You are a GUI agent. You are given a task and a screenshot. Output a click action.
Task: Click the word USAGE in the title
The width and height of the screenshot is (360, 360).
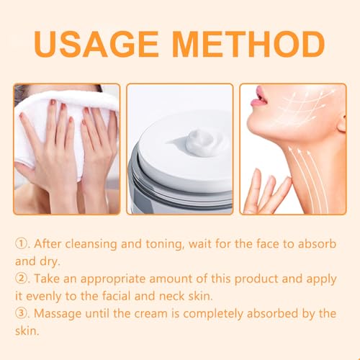point(96,44)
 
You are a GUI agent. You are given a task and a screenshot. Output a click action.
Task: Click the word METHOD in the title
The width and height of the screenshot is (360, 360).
point(248,44)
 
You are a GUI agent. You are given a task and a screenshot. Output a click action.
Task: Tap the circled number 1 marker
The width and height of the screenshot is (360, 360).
point(22,244)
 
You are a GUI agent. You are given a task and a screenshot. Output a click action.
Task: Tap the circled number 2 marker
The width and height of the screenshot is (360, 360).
point(22,279)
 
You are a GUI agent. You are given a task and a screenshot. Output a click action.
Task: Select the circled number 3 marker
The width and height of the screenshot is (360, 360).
point(22,313)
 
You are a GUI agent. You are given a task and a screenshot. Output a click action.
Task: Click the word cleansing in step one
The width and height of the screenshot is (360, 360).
point(91,244)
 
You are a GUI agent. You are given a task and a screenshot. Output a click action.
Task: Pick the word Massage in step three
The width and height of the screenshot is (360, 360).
point(58,314)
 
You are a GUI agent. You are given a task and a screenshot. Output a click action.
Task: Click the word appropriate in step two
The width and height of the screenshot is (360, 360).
point(113,279)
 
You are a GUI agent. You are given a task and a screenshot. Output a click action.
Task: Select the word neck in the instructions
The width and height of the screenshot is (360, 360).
point(171,296)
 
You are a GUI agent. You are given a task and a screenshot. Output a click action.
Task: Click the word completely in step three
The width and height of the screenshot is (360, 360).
point(213,314)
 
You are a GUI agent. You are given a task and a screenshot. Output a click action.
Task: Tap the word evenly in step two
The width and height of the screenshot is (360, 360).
point(44,297)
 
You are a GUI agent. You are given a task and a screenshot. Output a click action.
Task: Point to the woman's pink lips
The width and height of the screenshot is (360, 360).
point(258,97)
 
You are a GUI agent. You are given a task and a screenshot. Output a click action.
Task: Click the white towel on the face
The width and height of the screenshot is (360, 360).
point(65,125)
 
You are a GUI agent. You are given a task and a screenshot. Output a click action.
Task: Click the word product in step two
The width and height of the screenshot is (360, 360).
point(256,279)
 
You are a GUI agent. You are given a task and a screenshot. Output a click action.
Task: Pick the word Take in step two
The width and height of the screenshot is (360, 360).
point(47,279)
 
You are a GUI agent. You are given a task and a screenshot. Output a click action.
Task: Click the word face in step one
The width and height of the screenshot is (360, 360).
point(267,244)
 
